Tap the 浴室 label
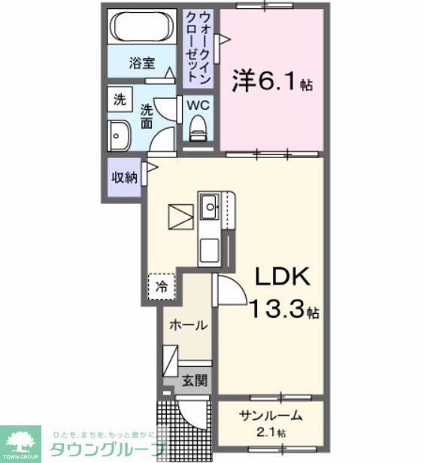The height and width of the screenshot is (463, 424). pos(141,63)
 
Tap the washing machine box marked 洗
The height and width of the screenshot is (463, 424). pos(120,98)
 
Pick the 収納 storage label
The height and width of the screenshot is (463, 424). pos(124,178)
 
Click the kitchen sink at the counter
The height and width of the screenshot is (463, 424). pos(208,204)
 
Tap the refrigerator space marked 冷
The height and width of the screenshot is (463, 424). pos(161,286)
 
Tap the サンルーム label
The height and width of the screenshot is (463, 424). pos(271,416)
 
